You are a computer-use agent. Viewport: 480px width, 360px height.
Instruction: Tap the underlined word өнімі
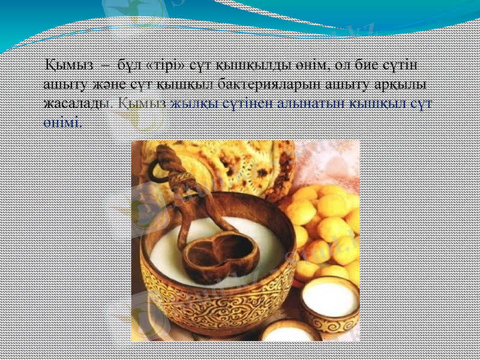pyautogui.click(x=62, y=121)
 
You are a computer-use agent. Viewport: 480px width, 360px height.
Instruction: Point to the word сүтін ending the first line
pyautogui.click(x=408, y=64)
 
